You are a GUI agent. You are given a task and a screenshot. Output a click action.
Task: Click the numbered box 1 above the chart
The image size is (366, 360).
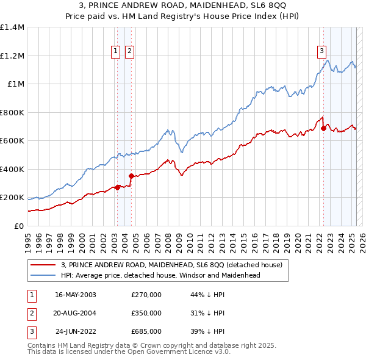pos(116,51)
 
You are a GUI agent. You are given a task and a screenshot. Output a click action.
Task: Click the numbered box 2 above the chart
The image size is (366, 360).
pos(130,51)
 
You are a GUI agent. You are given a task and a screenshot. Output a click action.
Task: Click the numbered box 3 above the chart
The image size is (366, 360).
pos(321,51)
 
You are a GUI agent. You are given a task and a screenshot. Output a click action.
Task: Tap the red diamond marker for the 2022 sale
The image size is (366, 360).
pos(323,129)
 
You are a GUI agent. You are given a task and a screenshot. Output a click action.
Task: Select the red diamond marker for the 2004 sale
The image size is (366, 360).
pos(131,176)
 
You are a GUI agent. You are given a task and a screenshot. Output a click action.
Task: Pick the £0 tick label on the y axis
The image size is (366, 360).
pos(18,226)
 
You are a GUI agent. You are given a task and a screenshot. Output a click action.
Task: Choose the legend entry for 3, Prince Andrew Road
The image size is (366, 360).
pos(171,265)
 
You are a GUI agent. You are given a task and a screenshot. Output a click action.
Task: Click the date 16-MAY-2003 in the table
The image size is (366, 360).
pos(76,295)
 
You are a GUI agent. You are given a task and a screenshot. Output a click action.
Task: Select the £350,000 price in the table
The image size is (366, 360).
pos(146,313)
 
